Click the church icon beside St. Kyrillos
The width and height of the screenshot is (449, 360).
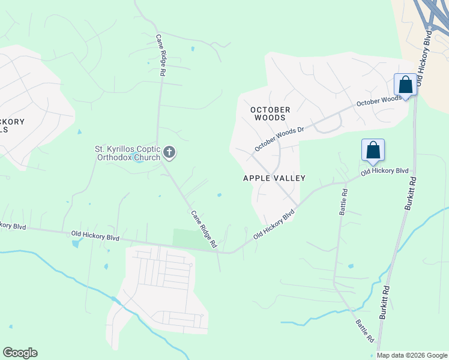[169, 152]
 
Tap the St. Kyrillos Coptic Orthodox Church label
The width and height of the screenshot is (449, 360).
[128, 153]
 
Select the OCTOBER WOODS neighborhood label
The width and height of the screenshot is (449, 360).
[270, 113]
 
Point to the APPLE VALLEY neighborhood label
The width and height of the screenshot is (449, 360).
[274, 178]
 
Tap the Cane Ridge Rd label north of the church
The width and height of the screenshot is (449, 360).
[161, 54]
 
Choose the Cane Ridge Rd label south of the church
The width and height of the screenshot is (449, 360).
[203, 229]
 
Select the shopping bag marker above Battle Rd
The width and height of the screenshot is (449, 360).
[373, 150]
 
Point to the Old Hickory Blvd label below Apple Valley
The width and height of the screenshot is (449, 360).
[275, 224]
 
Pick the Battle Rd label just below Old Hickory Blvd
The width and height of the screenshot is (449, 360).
[344, 202]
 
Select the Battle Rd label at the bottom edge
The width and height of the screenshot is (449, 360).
[364, 331]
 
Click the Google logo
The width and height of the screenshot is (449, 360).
[20, 353]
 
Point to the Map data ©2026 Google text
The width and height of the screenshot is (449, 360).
[412, 355]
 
